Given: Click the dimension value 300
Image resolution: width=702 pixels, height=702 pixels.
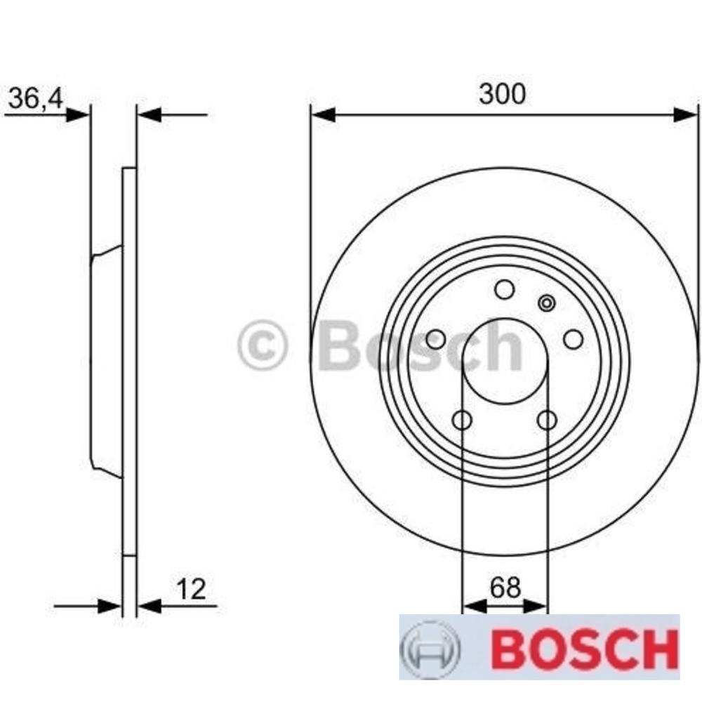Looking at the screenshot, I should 502,94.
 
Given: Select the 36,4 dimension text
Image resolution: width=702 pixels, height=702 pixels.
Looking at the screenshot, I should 35,99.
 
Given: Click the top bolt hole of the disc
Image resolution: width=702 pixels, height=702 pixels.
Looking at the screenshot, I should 504,289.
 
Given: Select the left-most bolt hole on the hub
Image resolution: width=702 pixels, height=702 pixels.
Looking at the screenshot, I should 435,340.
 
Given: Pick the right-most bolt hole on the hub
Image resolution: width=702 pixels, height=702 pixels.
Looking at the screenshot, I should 574,340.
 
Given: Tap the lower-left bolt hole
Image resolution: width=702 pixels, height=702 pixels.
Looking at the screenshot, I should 462,420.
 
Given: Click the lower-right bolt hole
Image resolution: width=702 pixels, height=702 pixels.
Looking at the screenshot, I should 547,420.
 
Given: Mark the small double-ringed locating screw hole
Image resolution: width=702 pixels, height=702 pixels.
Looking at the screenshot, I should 546,303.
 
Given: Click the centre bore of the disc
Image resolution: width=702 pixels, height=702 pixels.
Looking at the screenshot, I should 504,362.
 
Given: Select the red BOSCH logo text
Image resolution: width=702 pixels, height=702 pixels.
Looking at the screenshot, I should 580,649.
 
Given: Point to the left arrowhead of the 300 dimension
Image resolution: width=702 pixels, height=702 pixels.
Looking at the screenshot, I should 323,114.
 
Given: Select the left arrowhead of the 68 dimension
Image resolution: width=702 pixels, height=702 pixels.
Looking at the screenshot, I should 474,606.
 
